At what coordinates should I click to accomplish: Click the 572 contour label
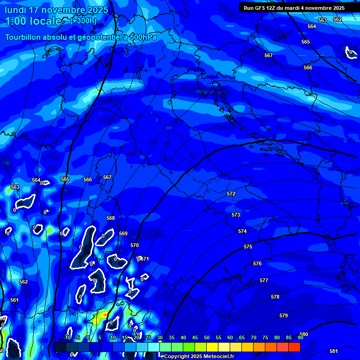click(231, 194)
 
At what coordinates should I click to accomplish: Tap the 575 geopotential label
click(248, 247)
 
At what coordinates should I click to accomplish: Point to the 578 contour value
click(275, 297)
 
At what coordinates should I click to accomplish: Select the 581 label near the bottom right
click(333, 351)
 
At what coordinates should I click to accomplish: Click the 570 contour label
click(135, 245)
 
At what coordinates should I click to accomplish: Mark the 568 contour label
click(111, 218)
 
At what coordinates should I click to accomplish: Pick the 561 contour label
click(15, 300)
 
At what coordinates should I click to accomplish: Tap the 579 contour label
click(284, 315)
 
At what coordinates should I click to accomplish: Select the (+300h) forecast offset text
click(83, 21)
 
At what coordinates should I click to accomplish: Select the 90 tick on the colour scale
click(300, 337)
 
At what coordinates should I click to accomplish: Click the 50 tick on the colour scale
click(207, 337)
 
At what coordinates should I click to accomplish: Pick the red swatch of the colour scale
click(294, 347)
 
